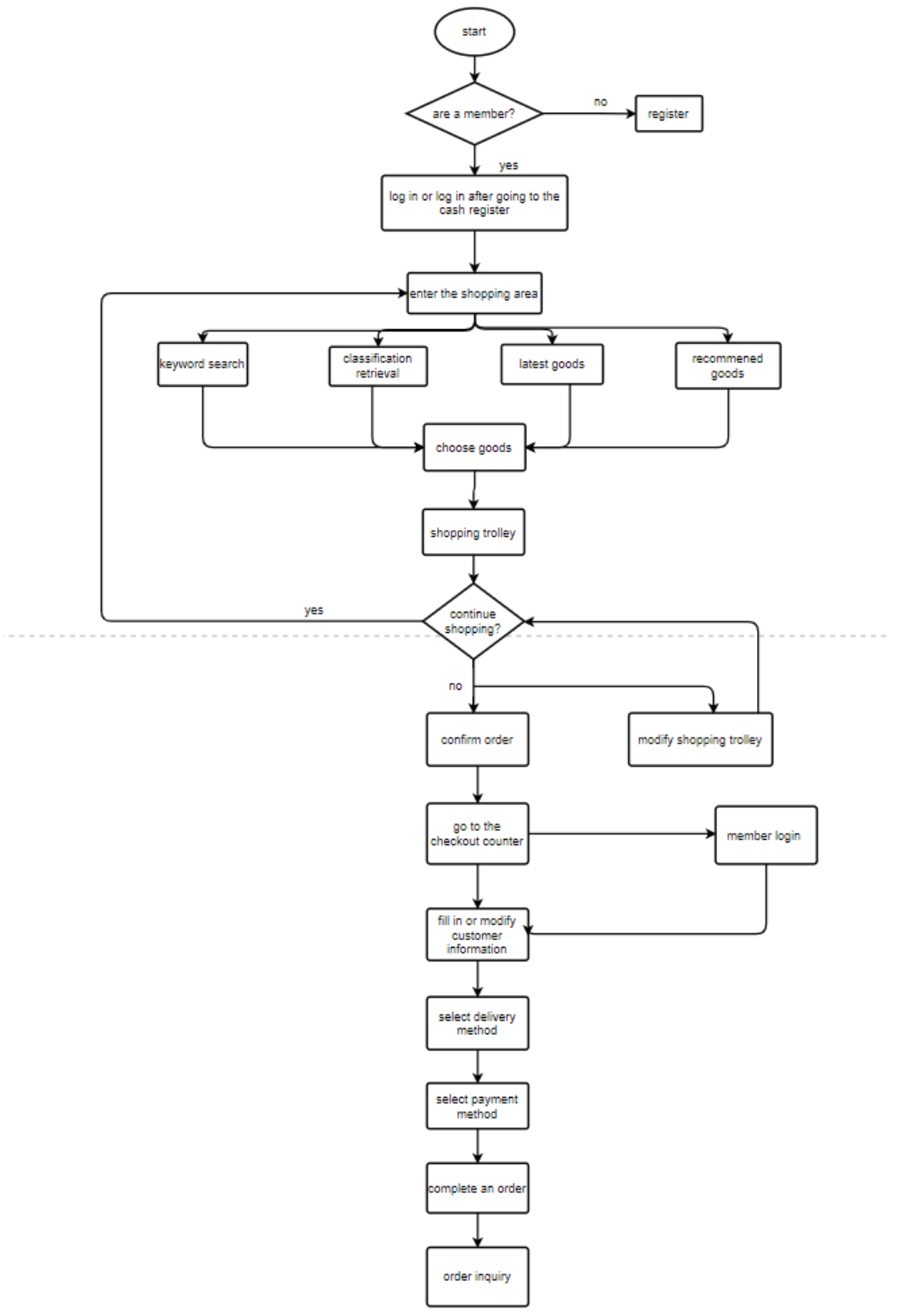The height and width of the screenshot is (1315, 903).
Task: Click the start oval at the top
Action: click(x=474, y=32)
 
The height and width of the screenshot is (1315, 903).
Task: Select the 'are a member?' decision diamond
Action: click(x=474, y=113)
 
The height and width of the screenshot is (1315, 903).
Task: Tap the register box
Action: click(x=669, y=114)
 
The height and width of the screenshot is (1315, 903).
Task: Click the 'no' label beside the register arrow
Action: click(x=601, y=102)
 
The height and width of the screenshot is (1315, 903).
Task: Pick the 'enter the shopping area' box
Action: click(x=474, y=294)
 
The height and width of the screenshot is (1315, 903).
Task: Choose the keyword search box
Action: click(x=202, y=364)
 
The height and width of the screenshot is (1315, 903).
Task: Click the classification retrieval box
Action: click(x=378, y=366)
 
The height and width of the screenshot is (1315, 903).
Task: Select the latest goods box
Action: click(x=552, y=364)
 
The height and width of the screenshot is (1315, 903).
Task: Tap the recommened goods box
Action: click(x=727, y=366)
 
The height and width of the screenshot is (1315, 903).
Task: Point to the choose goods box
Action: click(x=474, y=448)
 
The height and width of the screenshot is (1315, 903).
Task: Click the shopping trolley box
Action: click(x=473, y=533)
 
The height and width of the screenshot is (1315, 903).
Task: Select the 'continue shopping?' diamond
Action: click(x=473, y=621)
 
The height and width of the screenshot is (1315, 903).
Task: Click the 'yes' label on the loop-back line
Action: click(x=314, y=610)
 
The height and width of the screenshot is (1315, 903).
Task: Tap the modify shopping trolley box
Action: click(x=700, y=740)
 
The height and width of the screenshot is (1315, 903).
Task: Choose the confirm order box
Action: click(x=477, y=740)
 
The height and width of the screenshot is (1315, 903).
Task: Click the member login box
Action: click(x=765, y=836)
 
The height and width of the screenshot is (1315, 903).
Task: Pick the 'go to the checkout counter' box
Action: click(x=477, y=834)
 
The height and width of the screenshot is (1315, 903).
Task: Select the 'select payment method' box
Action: click(x=477, y=1106)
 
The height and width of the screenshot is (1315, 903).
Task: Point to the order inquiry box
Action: click(x=477, y=1276)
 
